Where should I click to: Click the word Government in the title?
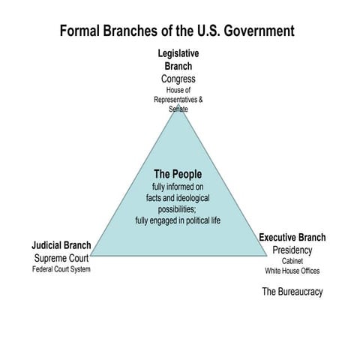[259, 31]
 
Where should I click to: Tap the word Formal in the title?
[79, 31]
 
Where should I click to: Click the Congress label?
[178, 79]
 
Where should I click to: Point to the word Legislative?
[178, 53]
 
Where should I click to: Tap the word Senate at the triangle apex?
[178, 109]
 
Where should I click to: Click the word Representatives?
[175, 100]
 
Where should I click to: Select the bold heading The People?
[178, 174]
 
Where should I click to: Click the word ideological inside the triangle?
[193, 198]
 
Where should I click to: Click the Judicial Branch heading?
[61, 245]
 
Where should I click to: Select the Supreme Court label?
[61, 258]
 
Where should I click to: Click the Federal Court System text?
[61, 269]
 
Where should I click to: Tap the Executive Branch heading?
[292, 237]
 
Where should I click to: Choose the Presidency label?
[292, 250]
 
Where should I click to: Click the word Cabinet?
[292, 261]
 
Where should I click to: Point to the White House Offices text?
[292, 271]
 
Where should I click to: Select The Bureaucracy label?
[292, 292]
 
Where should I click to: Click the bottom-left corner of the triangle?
[90, 256]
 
